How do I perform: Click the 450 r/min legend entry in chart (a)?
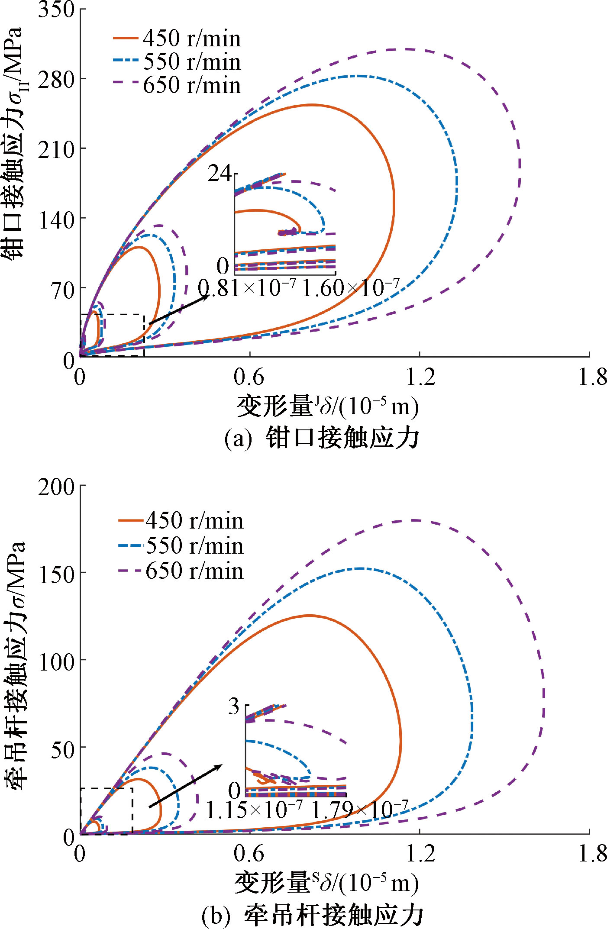[178, 39]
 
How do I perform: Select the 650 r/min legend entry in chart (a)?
[178, 85]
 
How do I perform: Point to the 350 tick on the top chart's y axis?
[56, 10]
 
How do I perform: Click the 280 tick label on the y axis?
[56, 80]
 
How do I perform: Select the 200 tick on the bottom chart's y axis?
[56, 487]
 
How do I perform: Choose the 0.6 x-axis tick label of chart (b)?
[249, 853]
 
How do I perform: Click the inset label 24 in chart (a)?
[220, 174]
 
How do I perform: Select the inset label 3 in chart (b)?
[234, 706]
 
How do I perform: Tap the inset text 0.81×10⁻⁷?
[247, 288]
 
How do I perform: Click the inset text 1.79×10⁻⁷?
[359, 810]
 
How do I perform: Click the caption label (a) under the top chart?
[238, 439]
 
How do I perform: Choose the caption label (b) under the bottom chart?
[215, 915]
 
